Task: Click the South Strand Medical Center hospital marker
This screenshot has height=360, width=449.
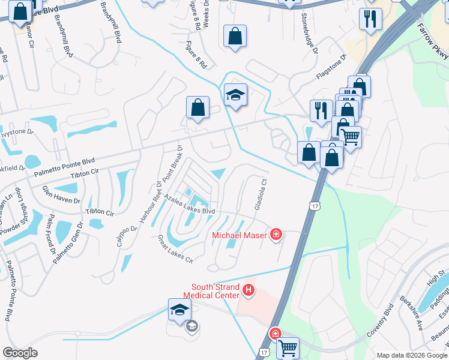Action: pos(249,292)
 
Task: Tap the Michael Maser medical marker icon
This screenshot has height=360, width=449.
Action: pos(276,234)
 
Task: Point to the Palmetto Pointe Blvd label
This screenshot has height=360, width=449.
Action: pos(65,163)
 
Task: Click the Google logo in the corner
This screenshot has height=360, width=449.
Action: pos(20,353)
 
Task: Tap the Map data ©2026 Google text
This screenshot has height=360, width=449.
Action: pos(411,355)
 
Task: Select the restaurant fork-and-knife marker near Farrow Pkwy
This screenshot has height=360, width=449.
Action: pos(370,19)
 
